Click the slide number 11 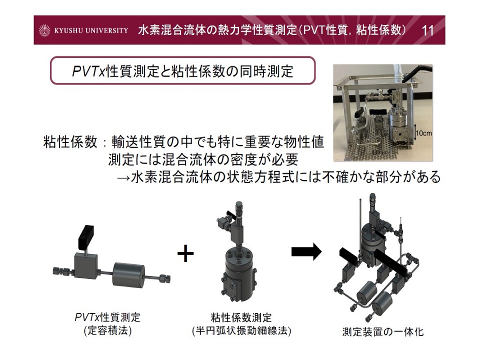coord(427,30)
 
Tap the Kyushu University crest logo coord(44,30)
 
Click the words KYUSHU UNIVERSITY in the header coord(91,30)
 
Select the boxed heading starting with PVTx coord(183,70)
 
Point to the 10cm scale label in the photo coord(423,133)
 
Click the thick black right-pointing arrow coord(306,251)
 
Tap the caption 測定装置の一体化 coord(382,331)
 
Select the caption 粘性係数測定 coord(241,317)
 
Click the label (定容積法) coord(108,330)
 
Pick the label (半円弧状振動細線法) coord(241,331)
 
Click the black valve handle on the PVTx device coord(85,237)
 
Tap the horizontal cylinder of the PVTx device coord(128,274)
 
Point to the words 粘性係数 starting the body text coord(70,142)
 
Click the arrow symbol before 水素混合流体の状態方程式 coord(123,177)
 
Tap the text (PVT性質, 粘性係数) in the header coord(352,30)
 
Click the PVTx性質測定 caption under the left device coord(107,317)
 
